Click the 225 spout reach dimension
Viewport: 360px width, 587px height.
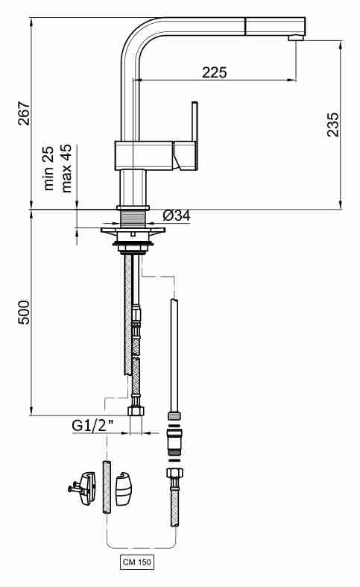[215, 72]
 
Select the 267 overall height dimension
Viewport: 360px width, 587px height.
[25, 113]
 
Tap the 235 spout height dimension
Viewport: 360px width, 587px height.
[333, 125]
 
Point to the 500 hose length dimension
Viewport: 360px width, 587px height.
[25, 312]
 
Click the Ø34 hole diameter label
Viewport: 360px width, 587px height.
[177, 216]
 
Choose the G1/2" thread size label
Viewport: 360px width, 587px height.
[92, 426]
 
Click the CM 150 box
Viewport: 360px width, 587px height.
[137, 562]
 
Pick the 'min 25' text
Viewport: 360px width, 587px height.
[48, 168]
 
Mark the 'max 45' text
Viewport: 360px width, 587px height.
[66, 168]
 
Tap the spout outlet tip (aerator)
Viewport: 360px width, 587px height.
[296, 38]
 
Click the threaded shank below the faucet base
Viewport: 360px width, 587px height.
[133, 219]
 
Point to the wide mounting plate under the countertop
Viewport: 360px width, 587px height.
[133, 230]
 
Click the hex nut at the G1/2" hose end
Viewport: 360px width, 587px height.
[136, 411]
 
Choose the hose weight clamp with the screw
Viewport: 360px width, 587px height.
[83, 488]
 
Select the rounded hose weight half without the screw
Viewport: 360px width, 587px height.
[124, 489]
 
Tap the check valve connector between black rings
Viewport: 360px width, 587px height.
[174, 440]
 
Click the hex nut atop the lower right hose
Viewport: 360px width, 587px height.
[174, 473]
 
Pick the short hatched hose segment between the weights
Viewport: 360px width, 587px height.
[107, 487]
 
